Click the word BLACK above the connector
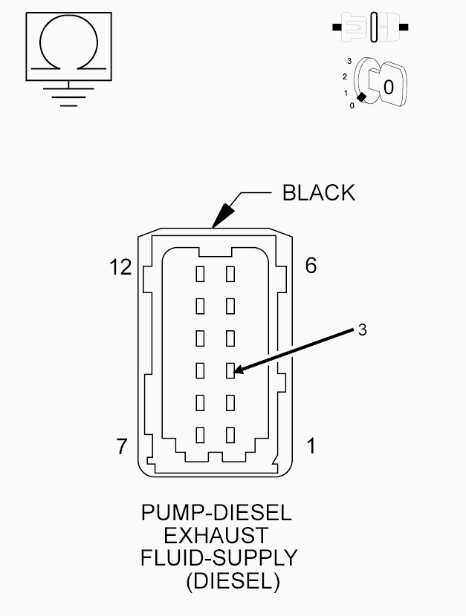pyautogui.click(x=319, y=193)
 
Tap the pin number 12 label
pyautogui.click(x=120, y=267)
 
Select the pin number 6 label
pyautogui.click(x=311, y=265)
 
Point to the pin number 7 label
pyautogui.click(x=122, y=446)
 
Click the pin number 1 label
pyautogui.click(x=311, y=446)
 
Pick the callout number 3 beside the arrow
pyautogui.click(x=363, y=330)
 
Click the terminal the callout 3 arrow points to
pyautogui.click(x=230, y=370)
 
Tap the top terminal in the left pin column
pyautogui.click(x=200, y=274)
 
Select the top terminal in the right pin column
pyautogui.click(x=230, y=274)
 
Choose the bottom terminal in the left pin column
pyautogui.click(x=200, y=435)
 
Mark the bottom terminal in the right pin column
pyautogui.click(x=230, y=435)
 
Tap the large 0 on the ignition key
pyautogui.click(x=388, y=88)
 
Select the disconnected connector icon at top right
pyautogui.click(x=370, y=27)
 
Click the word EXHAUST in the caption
pyautogui.click(x=216, y=535)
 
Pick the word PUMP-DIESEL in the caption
pyautogui.click(x=216, y=513)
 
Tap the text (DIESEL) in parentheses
pyautogui.click(x=233, y=580)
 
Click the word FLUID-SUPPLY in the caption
pyautogui.click(x=219, y=558)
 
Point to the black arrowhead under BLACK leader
pyautogui.click(x=222, y=215)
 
